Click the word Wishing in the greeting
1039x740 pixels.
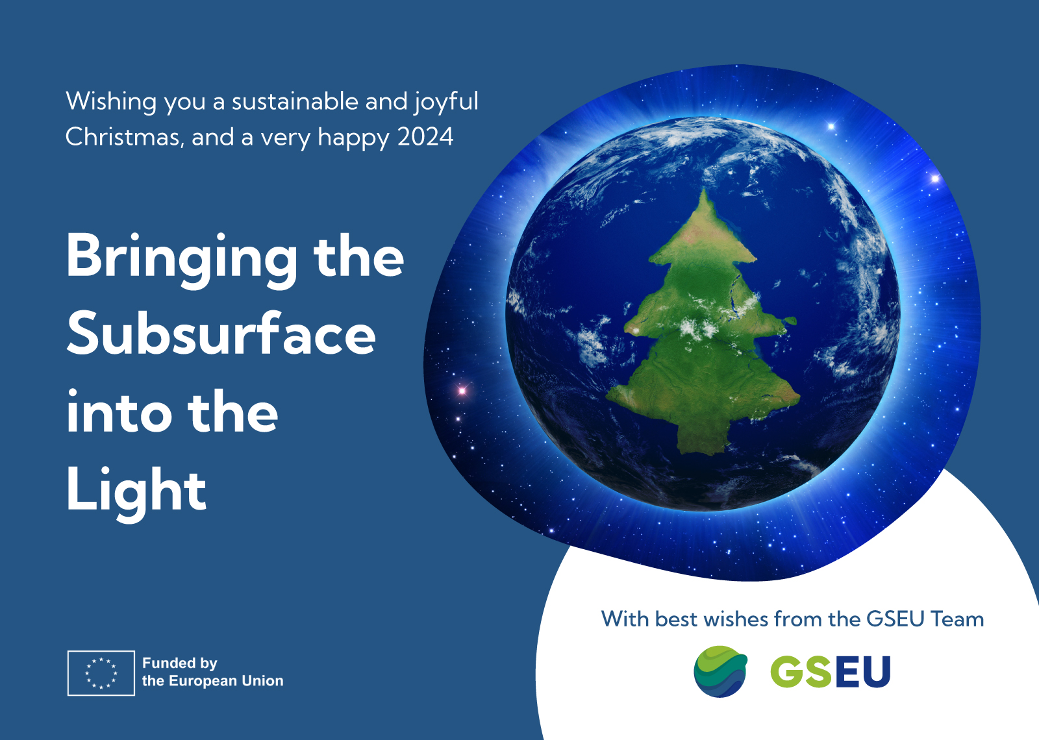point(111,102)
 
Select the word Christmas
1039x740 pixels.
point(123,137)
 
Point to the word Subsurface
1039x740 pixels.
point(221,334)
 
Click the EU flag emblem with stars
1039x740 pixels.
point(101,672)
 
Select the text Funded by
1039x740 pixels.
point(179,663)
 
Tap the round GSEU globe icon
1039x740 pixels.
point(720,671)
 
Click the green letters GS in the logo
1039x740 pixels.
point(801,671)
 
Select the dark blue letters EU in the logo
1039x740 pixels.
point(861,671)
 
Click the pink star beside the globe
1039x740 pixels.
point(462,391)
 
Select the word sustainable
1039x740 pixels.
point(295,101)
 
